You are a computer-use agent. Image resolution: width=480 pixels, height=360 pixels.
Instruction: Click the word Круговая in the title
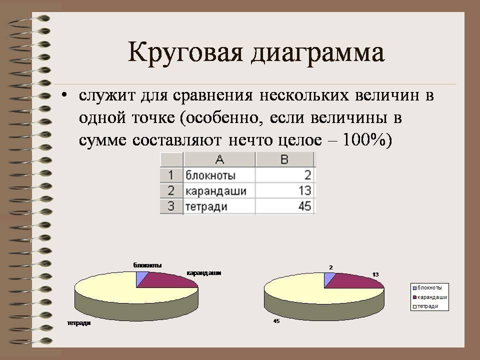[x=185, y=52]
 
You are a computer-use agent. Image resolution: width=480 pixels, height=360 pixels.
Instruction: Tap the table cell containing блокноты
[x=219, y=175]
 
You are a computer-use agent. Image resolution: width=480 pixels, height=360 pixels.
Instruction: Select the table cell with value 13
[x=285, y=190]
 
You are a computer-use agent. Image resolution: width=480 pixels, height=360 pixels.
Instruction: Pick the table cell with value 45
[x=285, y=206]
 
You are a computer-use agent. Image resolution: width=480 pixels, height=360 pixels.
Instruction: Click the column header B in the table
[x=284, y=159]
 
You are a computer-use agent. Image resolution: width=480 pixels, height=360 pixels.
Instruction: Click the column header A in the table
[x=219, y=159]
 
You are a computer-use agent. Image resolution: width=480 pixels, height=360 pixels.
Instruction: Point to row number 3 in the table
[x=171, y=206]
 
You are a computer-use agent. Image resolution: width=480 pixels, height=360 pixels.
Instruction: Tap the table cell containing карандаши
[x=219, y=190]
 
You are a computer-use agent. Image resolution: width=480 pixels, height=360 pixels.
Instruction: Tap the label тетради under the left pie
[x=79, y=323]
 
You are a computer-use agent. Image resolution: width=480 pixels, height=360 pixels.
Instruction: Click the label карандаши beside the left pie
[x=204, y=273]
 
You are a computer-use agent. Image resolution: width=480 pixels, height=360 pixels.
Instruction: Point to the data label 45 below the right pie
[x=276, y=321]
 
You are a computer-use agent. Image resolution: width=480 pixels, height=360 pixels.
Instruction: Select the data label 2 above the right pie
[x=331, y=267]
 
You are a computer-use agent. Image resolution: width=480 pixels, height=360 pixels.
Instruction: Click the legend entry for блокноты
[x=427, y=288]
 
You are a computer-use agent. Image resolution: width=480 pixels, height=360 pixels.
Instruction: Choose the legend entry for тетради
[x=425, y=306]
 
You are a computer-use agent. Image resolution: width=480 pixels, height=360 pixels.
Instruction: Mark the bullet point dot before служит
[x=63, y=95]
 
